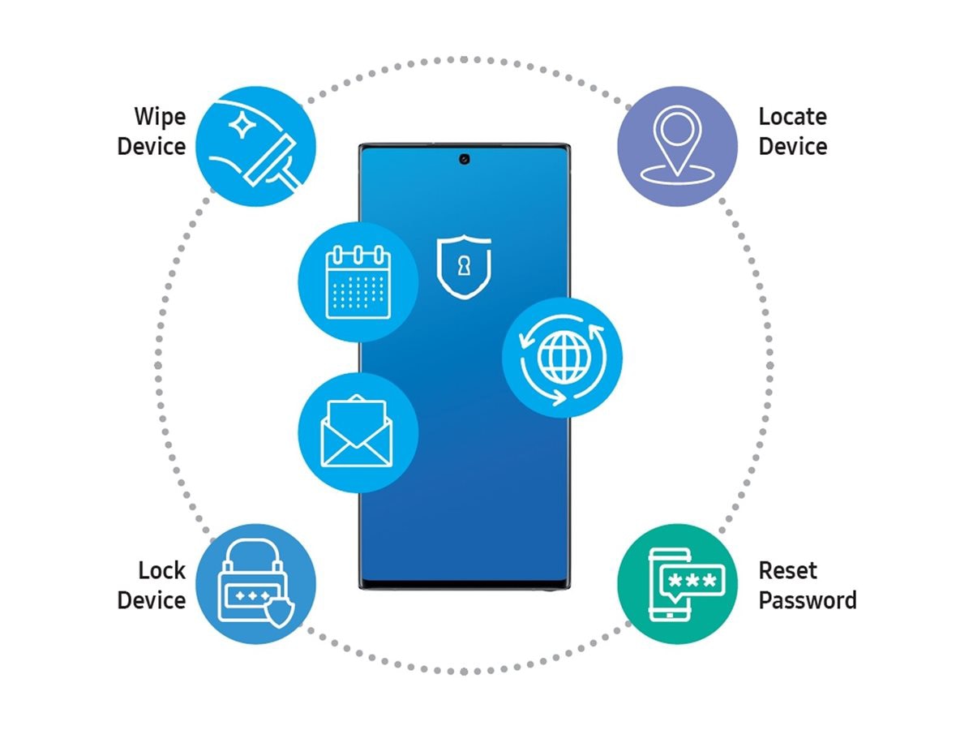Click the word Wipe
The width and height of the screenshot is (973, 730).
[160, 117]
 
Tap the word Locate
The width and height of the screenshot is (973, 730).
[792, 117]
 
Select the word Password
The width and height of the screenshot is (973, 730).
[807, 600]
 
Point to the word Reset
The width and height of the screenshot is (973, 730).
[788, 570]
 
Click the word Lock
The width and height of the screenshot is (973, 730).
[162, 570]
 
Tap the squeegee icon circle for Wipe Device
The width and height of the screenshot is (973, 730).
[256, 147]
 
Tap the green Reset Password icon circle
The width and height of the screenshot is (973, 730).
[677, 583]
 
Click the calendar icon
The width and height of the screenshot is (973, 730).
[358, 282]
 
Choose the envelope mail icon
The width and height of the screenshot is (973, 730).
[358, 432]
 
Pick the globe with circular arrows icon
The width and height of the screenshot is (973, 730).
[562, 357]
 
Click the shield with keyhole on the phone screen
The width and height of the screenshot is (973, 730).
[463, 267]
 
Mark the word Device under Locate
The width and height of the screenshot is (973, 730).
[792, 147]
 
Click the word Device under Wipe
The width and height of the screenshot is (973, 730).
[152, 147]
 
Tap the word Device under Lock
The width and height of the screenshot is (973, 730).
[152, 600]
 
